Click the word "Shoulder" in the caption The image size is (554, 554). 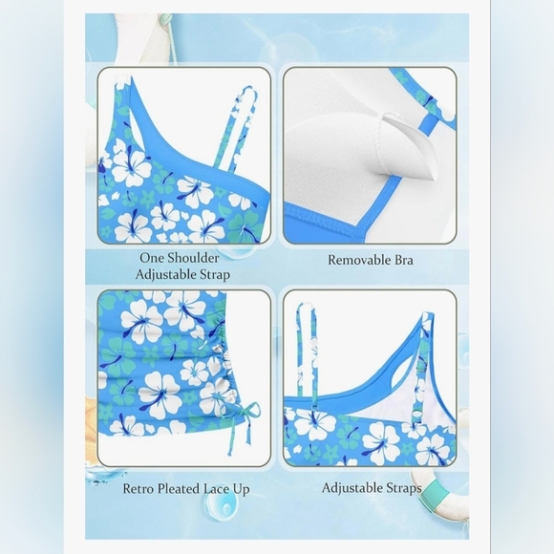pos(193,258)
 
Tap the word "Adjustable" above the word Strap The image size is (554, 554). pos(166,274)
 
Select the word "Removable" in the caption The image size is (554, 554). pos(355,260)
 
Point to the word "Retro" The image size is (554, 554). pos(138,489)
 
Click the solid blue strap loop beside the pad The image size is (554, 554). pos(429,122)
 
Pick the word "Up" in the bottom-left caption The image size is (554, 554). pos(241,490)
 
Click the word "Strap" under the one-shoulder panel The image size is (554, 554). pos(215,274)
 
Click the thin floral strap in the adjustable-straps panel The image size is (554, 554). pos(307,353)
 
